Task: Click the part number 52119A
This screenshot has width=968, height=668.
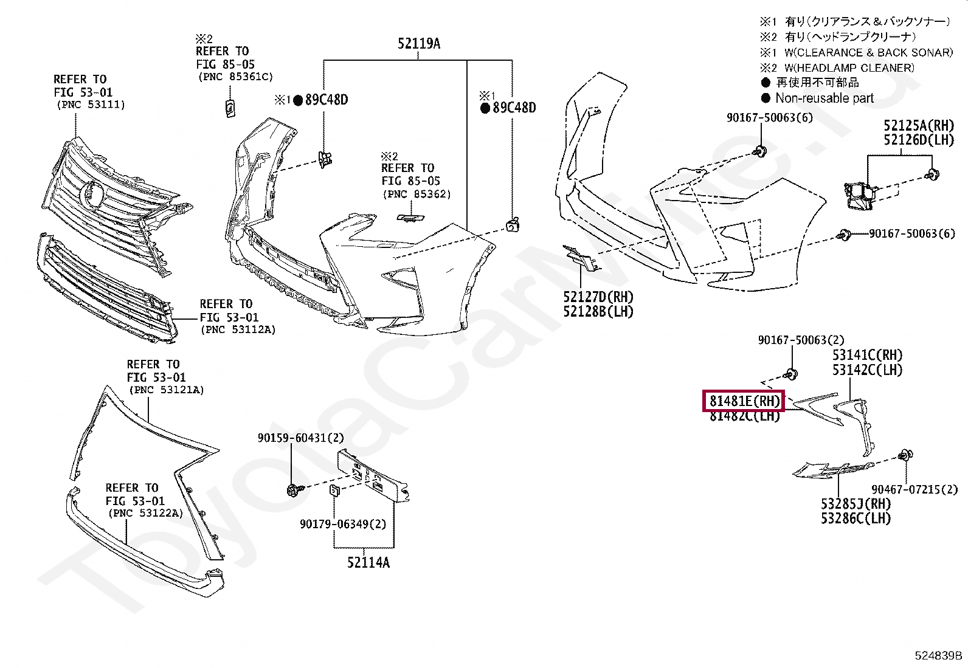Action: [x=419, y=44]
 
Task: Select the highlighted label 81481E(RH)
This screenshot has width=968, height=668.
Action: [x=744, y=401]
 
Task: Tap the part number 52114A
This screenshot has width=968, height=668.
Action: [x=368, y=563]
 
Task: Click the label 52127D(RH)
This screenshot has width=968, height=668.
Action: [x=598, y=297]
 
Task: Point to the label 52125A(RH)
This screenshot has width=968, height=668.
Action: [x=918, y=126]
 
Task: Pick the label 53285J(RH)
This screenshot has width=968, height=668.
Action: [x=856, y=504]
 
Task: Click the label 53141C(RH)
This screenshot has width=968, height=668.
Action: [x=867, y=355]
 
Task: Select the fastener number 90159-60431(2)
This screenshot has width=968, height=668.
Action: [x=300, y=438]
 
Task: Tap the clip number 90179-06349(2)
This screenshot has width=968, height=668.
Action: [x=342, y=524]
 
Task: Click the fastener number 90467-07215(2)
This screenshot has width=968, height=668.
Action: [x=914, y=489]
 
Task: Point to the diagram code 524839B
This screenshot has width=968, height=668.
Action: [x=938, y=656]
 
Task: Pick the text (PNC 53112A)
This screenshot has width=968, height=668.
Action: [x=238, y=330]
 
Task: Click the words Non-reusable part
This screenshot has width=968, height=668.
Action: [x=824, y=98]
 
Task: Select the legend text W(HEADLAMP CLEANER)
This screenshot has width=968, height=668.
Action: [x=849, y=68]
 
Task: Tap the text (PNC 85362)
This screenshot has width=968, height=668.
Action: [x=417, y=195]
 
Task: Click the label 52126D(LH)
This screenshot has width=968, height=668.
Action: [x=918, y=140]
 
